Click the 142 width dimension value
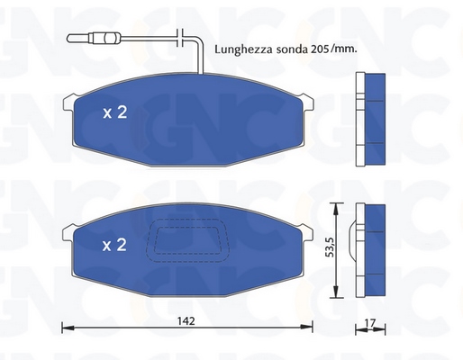pos(186,321)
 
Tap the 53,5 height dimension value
pos(330,247)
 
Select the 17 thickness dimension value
pos(370,323)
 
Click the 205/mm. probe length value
pos(332,49)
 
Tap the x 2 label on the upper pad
pos(115,112)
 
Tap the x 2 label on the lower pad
pos(114,245)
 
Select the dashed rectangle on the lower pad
pos(187,240)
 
